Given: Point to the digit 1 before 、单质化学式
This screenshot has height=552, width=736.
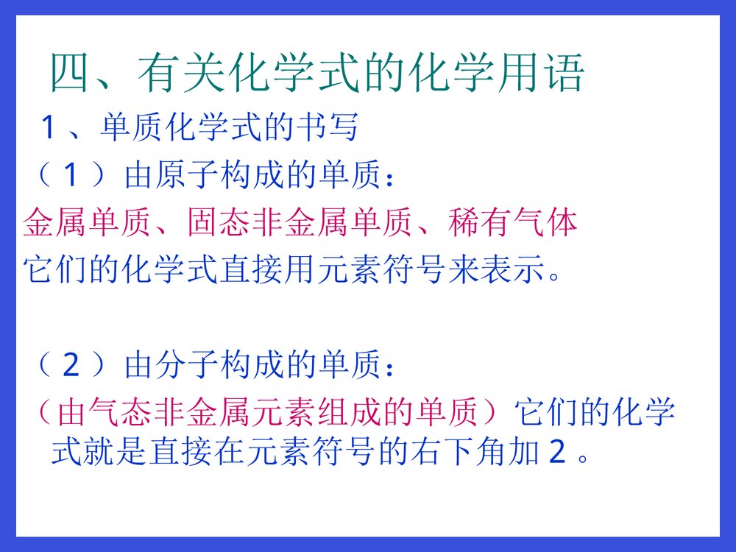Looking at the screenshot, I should click(49, 130).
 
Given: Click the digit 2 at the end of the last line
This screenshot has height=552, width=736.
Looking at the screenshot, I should click(556, 453).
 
